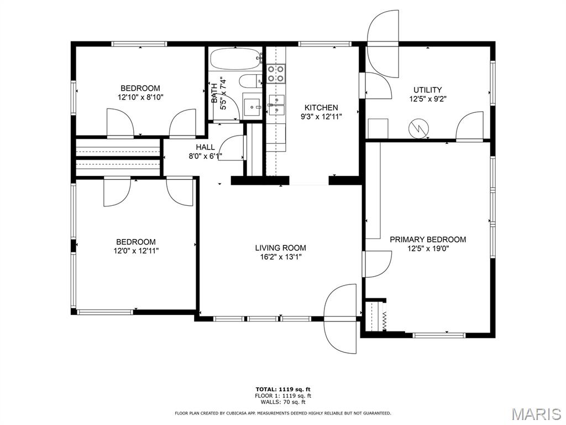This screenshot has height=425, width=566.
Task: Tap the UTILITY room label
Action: tap(428, 90)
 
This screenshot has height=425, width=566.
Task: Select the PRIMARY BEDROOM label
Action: tap(428, 240)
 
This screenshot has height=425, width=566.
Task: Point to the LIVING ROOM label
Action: tap(280, 248)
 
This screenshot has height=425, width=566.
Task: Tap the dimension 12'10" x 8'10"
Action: tap(140, 97)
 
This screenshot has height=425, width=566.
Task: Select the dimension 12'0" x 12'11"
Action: tap(135, 251)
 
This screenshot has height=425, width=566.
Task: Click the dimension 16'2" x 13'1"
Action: tap(280, 257)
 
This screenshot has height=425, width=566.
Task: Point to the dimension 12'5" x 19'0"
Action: tap(428, 248)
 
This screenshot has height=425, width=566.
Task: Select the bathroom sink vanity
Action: tap(253, 106)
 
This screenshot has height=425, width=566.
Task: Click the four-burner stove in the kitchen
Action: tap(276, 74)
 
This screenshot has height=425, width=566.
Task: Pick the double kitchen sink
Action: tap(276, 105)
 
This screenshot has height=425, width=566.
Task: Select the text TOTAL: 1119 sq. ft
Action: tap(283, 390)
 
